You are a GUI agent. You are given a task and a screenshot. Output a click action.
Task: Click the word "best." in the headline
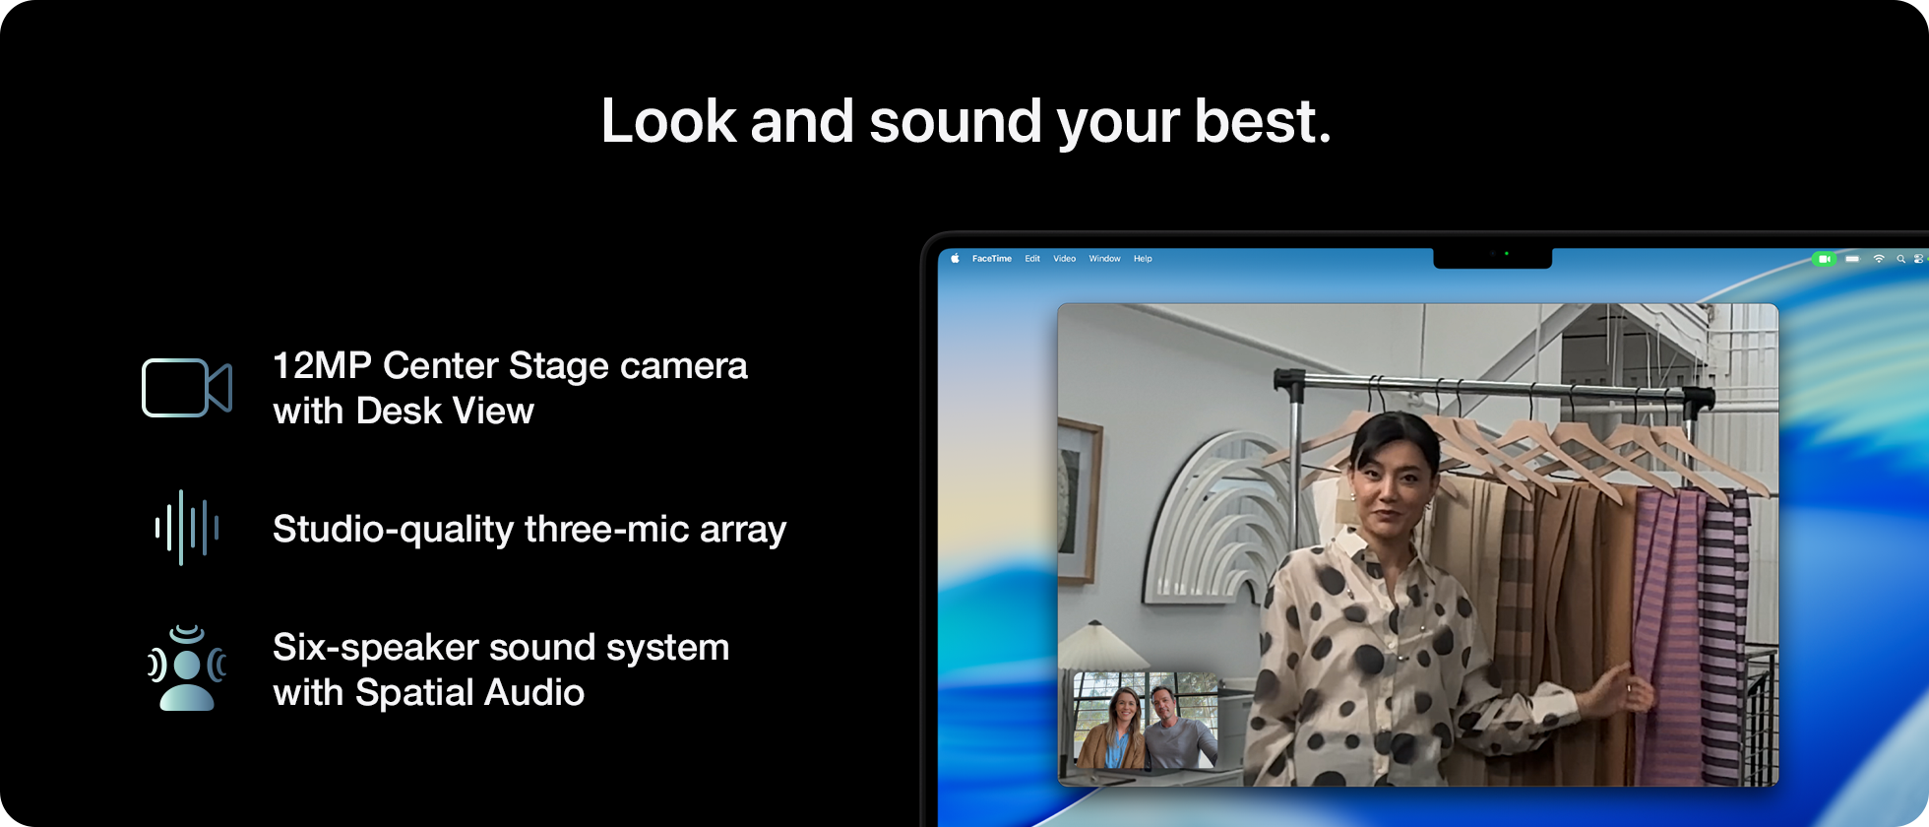[x=1262, y=121]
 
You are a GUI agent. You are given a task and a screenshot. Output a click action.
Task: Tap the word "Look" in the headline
[x=668, y=121]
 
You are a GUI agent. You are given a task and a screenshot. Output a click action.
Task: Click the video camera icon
[x=186, y=388]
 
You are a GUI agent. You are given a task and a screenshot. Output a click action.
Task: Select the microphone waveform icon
[x=186, y=528]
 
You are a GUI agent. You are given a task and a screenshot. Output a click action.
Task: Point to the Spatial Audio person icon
[x=186, y=668]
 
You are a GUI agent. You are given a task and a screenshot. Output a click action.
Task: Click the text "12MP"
[x=321, y=366]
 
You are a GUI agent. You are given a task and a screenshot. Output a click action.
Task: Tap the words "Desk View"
[x=445, y=412]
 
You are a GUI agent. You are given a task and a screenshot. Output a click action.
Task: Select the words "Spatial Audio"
[x=469, y=693]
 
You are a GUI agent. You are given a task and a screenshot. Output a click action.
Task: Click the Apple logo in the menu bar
[x=955, y=259]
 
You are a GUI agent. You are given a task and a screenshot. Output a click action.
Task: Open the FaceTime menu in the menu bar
[x=991, y=259]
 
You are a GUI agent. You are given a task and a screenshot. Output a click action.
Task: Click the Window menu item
[x=1104, y=259]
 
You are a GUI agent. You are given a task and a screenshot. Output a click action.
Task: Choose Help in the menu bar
[x=1142, y=259]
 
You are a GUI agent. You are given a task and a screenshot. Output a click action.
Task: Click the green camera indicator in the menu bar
[x=1824, y=259]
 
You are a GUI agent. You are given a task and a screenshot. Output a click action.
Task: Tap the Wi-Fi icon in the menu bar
[x=1878, y=259]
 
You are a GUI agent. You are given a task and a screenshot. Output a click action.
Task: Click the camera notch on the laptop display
[x=1492, y=257]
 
